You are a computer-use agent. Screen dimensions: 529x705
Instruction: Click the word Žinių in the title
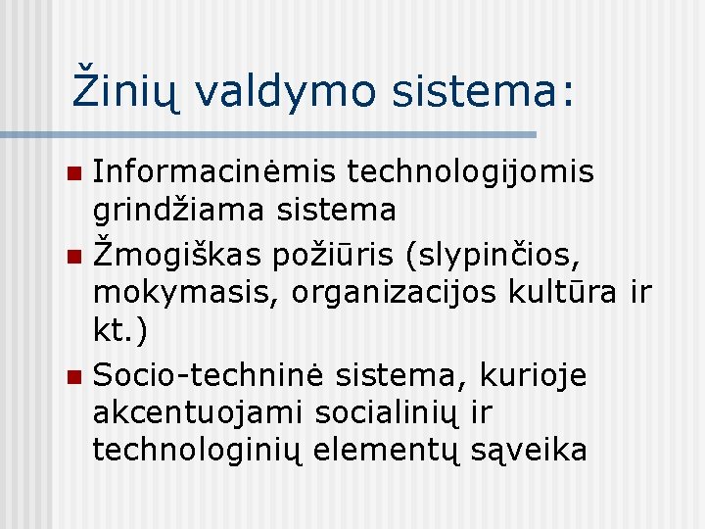126,91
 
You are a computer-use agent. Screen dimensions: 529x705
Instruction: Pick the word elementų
389,451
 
